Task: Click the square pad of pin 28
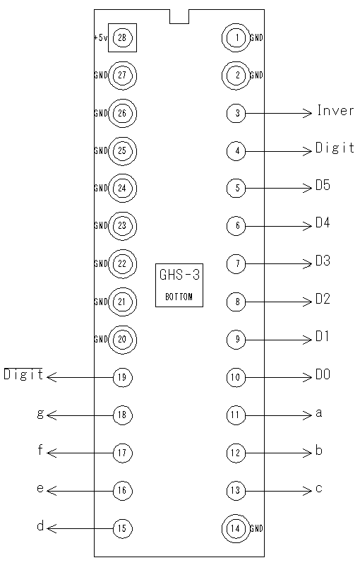122,37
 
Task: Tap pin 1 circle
236,37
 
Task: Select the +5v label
100,37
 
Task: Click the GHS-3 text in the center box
179,275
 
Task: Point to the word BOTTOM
179,297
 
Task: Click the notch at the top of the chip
179,16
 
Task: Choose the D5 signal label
323,185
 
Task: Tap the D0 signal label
323,374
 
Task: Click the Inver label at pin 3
335,110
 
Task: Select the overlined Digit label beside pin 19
23,374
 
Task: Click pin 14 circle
236,528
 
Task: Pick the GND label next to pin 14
257,528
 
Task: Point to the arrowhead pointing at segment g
52,415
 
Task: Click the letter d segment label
40,526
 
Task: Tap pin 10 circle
236,377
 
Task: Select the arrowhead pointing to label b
307,453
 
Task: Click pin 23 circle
122,226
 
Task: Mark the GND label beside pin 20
101,340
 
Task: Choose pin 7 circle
236,263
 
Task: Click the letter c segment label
319,489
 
